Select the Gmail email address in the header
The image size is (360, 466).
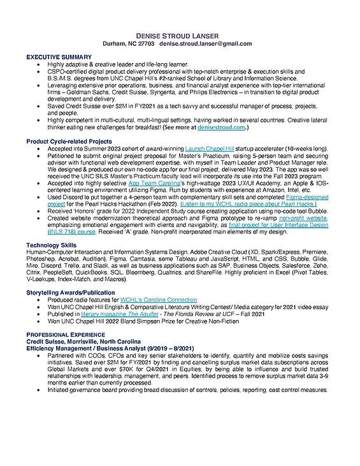[x=206, y=43]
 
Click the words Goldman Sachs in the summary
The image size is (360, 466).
[x=76, y=92]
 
